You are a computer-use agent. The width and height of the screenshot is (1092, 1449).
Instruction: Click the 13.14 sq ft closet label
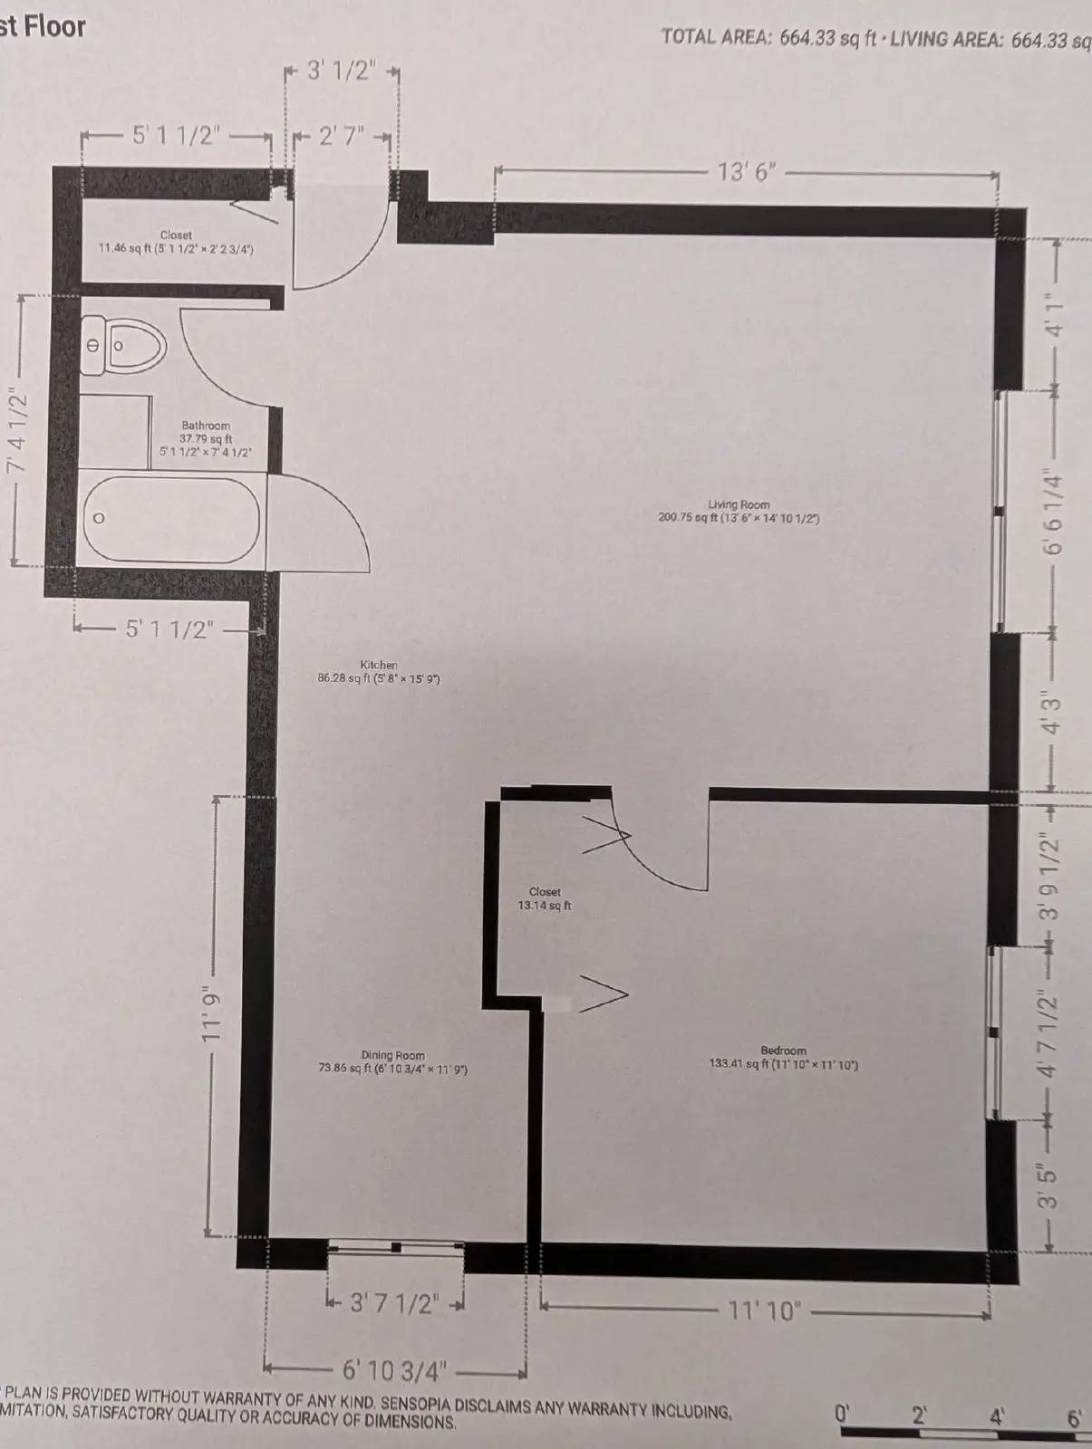point(545,898)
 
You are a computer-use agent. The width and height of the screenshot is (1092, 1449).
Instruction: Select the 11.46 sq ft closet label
point(176,241)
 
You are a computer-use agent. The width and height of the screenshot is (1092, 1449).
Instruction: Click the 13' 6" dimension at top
point(747,172)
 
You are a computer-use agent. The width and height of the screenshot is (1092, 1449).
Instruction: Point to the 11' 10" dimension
point(765,1310)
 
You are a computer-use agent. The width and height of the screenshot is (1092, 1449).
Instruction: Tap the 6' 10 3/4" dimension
point(394,1371)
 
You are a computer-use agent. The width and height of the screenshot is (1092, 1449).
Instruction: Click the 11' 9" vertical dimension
point(211,1014)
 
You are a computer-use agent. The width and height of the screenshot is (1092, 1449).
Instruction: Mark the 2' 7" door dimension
point(341,137)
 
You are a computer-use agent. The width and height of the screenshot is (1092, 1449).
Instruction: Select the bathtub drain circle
point(99,519)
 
